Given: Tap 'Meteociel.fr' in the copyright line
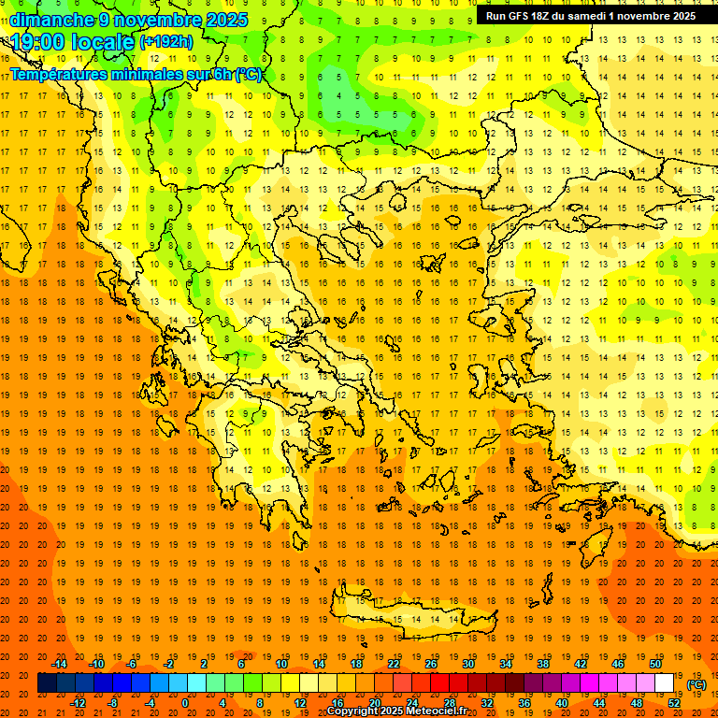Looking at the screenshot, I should click(437, 711).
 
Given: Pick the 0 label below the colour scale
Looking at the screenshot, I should click(185, 703).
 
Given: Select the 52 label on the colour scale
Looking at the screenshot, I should click(674, 703).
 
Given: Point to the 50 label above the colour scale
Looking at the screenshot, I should click(654, 664).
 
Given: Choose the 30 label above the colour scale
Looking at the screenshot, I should click(467, 664).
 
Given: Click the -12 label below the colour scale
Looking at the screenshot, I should click(78, 703).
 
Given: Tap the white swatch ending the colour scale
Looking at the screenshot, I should click(664, 683).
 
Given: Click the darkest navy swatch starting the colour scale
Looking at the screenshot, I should click(47, 683).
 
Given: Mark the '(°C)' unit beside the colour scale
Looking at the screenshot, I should click(696, 684).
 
